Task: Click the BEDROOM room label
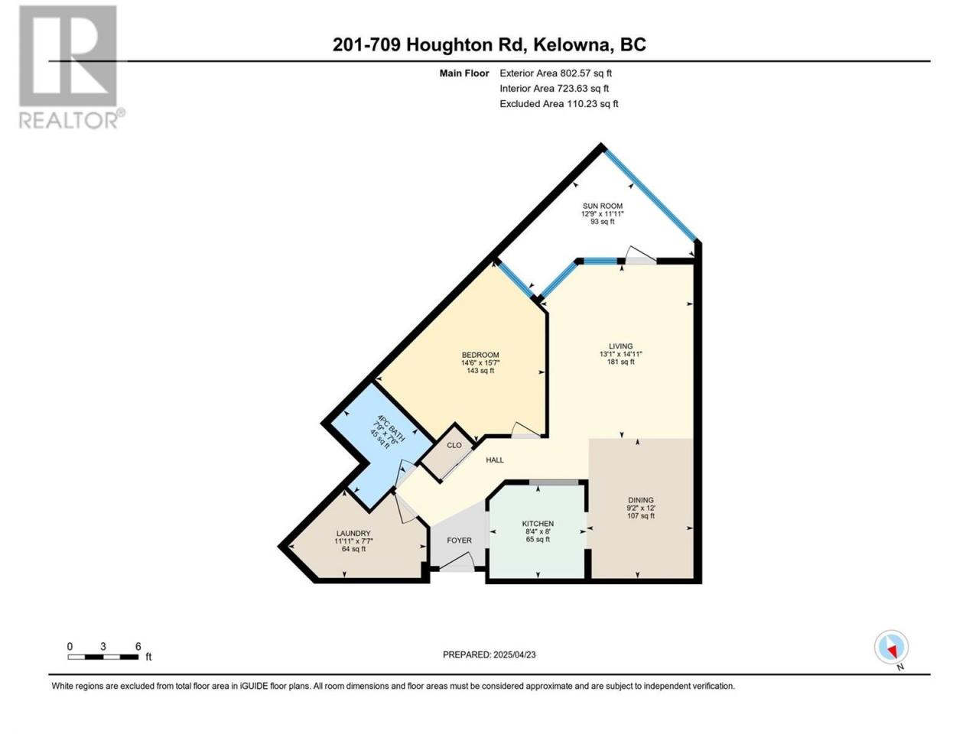click(x=480, y=355)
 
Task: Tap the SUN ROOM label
click(x=602, y=206)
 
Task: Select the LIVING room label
click(x=620, y=346)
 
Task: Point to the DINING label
click(x=640, y=500)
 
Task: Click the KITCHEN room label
click(x=538, y=524)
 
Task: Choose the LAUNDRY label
click(x=353, y=534)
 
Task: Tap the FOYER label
click(x=459, y=541)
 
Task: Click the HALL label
click(x=495, y=460)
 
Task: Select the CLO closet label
click(x=454, y=445)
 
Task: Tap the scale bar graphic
click(x=103, y=657)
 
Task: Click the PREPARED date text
click(x=489, y=654)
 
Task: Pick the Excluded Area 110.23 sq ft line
click(x=559, y=104)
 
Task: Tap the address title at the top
click(x=489, y=44)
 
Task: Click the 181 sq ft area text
click(x=620, y=362)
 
